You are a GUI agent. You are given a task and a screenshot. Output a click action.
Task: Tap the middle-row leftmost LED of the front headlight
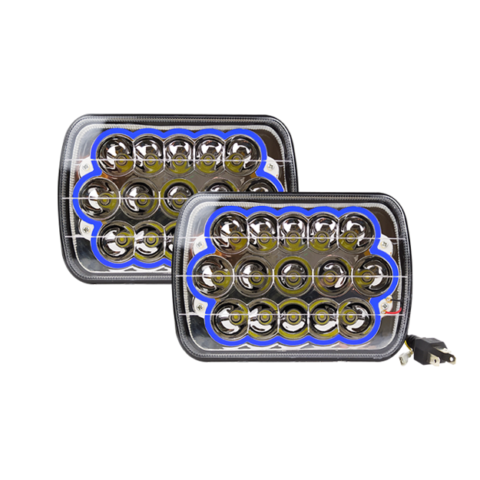(x=217, y=271)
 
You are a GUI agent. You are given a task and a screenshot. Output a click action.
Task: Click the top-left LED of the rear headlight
(x=116, y=152)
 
